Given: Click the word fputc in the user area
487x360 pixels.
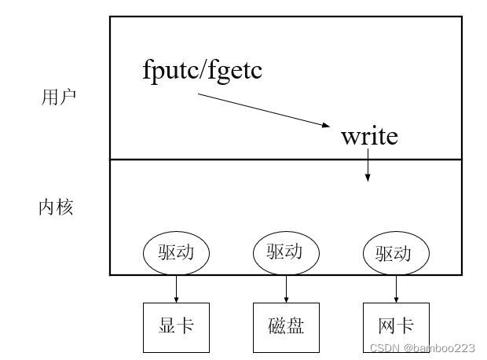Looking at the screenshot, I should [170, 71].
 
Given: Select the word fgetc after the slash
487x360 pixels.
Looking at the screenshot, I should [234, 71].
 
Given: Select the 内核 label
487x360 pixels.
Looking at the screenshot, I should [57, 208].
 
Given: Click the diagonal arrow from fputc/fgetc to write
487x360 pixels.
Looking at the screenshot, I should [264, 110].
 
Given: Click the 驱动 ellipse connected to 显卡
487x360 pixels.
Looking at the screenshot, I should [176, 253].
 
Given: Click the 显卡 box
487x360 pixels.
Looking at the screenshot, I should [176, 327].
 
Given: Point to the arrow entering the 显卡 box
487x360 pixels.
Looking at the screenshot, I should [176, 288].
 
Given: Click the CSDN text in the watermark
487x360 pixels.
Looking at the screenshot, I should [384, 347].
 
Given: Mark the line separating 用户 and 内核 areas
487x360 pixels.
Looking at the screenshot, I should [236, 160].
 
